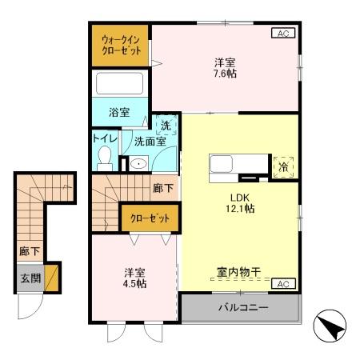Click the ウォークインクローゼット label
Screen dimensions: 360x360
click(121, 45)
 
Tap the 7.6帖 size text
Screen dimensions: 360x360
click(225, 73)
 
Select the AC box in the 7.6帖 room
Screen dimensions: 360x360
click(282, 33)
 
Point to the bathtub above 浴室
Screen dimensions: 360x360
click(119, 83)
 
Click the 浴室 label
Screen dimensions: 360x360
click(119, 112)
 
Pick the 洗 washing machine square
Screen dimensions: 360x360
click(166, 124)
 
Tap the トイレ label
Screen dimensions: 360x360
click(106, 138)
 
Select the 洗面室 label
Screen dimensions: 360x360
click(150, 140)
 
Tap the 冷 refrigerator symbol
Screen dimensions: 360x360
click(284, 167)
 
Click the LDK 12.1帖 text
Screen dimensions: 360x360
click(238, 202)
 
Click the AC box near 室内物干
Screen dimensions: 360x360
click(282, 284)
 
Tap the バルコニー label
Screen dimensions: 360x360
click(241, 306)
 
